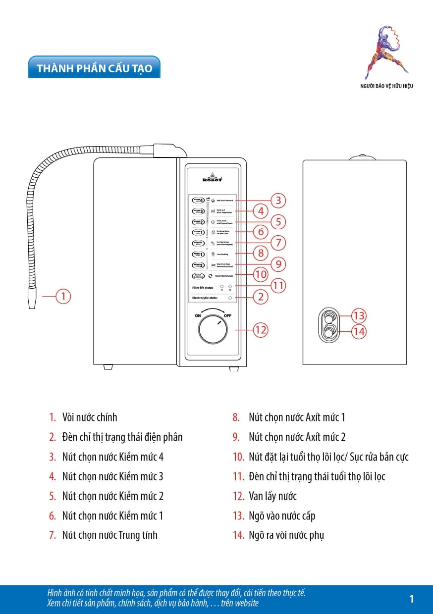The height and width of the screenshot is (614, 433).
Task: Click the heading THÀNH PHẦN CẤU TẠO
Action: point(94,68)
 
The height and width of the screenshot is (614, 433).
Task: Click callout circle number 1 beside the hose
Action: point(63,297)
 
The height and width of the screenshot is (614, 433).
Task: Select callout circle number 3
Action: point(278,200)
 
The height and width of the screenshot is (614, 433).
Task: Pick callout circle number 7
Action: point(278,243)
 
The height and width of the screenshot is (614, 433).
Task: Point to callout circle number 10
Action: point(261,274)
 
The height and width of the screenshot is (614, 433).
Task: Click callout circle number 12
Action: point(261,329)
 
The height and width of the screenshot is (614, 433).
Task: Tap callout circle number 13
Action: point(358,315)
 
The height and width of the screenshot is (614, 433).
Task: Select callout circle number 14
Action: point(358,332)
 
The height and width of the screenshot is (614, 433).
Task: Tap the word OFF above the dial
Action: point(227,315)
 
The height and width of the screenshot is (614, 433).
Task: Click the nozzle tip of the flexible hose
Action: point(32,300)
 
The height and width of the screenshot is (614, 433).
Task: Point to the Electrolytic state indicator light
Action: point(230,298)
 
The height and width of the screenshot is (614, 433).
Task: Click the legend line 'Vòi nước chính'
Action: point(89,417)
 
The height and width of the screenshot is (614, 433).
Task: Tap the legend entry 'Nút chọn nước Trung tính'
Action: point(109,535)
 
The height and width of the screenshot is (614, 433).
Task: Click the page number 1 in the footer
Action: point(412,599)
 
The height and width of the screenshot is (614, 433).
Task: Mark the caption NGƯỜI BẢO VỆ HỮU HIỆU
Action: point(386,86)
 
